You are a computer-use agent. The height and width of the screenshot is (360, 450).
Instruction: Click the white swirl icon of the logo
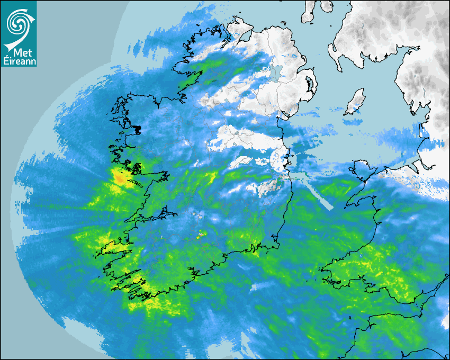pyautogui.click(x=17, y=24)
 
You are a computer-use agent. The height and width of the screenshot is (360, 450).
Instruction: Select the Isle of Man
pyautogui.click(x=355, y=102)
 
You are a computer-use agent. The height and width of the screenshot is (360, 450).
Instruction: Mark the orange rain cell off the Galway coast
pyautogui.click(x=121, y=178)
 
